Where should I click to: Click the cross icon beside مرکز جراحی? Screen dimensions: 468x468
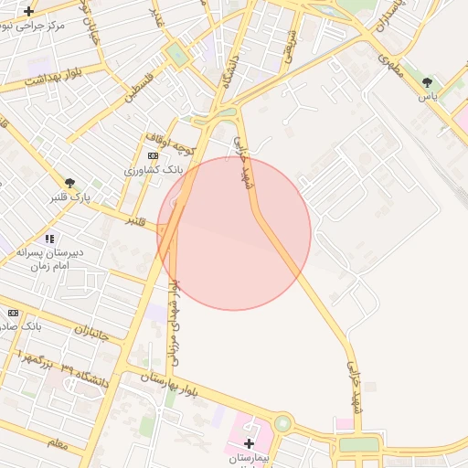[x=29, y=12]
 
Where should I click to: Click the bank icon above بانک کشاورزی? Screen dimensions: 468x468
[x=152, y=156]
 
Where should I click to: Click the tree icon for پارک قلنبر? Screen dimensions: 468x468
[x=69, y=183]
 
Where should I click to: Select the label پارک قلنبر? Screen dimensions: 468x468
[x=70, y=197]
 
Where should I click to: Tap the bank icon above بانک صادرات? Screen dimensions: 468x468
[x=13, y=312]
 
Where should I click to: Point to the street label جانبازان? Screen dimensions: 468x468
[x=88, y=333]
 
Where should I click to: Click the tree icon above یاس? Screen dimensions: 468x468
[x=427, y=82]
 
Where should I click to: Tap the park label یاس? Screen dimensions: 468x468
[x=427, y=96]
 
